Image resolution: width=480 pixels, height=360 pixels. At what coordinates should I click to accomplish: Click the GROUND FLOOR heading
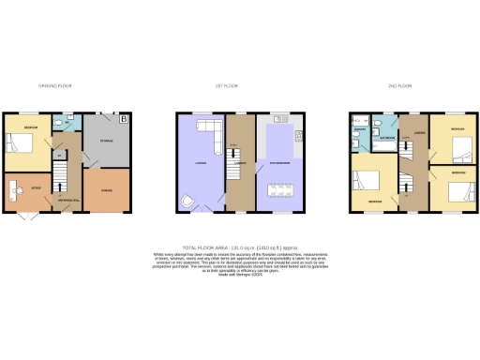coord(57,85)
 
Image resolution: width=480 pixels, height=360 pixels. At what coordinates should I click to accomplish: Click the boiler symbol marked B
coord(123,119)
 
